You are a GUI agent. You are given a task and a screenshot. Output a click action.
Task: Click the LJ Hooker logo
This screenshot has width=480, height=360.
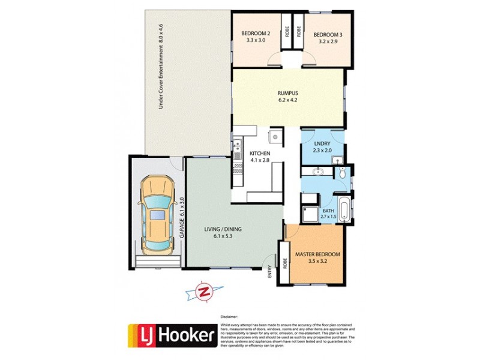(x=172, y=337)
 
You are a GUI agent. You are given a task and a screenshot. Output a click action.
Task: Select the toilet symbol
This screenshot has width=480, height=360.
(x=342, y=173)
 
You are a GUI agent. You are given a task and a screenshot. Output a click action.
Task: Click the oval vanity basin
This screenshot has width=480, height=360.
(x=318, y=173)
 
